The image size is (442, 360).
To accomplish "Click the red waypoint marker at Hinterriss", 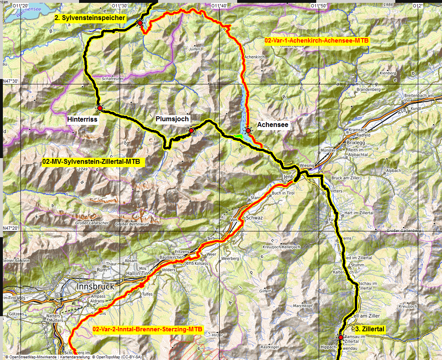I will [100, 108].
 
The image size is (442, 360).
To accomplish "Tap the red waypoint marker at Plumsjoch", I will [191, 130].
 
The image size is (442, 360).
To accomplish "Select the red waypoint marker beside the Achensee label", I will [248, 130].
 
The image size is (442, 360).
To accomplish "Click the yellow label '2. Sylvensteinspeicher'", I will [90, 18].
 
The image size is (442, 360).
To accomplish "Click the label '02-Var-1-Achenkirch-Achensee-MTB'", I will [317, 41].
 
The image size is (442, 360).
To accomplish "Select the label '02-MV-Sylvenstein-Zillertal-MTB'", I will [91, 162].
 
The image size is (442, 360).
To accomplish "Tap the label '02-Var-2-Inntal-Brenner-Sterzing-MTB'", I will [147, 329].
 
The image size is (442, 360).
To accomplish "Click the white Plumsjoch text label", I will [172, 119].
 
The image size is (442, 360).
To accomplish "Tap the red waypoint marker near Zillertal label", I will [340, 337].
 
